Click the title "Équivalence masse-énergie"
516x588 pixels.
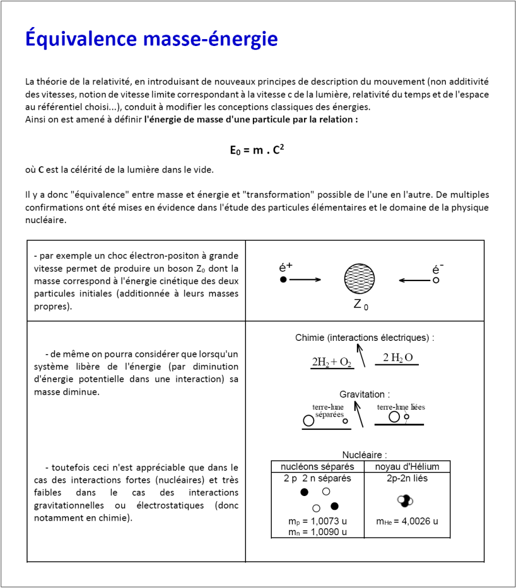152,39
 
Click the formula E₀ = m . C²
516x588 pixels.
257,150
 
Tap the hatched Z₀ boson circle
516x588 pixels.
360,279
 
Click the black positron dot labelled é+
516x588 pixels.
283,280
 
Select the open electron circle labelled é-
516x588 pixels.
436,280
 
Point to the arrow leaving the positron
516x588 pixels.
305,280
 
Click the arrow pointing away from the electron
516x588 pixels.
414,280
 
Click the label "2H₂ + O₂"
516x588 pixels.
332,362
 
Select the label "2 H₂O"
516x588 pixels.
398,358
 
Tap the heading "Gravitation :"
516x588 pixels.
364,394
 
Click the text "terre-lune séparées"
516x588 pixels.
328,410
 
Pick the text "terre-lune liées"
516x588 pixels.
401,407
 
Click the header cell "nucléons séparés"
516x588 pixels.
317,466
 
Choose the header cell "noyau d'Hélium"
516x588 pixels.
407,466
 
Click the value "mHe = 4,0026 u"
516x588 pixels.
407,521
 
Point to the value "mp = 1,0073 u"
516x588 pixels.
317,521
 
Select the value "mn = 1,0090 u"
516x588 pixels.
317,532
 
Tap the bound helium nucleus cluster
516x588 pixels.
405,500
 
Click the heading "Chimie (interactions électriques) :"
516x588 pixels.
364,337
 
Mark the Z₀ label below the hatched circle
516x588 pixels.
360,305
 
